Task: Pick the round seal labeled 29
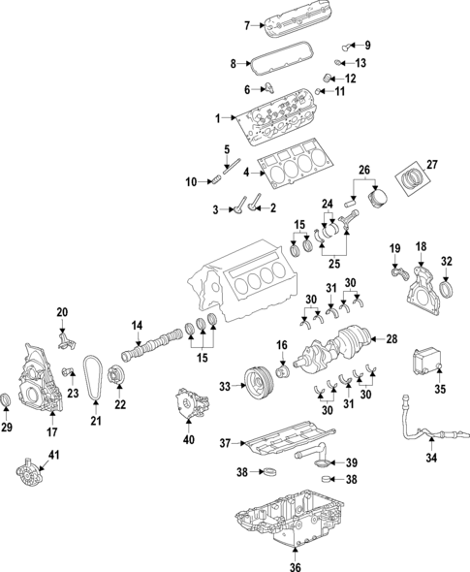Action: [8, 402]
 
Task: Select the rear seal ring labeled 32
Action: [447, 289]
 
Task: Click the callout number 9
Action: [367, 46]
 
